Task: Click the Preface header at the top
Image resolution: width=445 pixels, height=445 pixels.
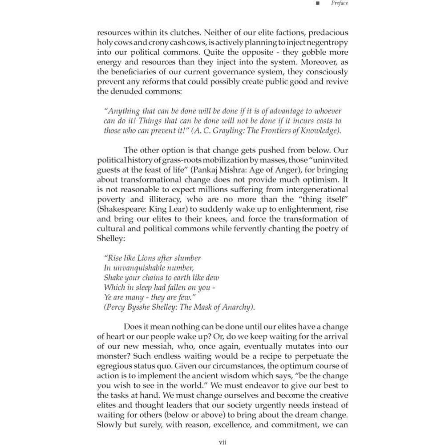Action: [340, 4]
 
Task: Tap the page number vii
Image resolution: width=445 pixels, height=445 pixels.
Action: [223, 441]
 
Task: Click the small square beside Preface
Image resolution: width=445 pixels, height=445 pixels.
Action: [317, 4]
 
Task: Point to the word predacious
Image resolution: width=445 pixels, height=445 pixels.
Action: [327, 32]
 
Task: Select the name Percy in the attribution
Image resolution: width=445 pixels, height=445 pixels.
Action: [117, 307]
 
